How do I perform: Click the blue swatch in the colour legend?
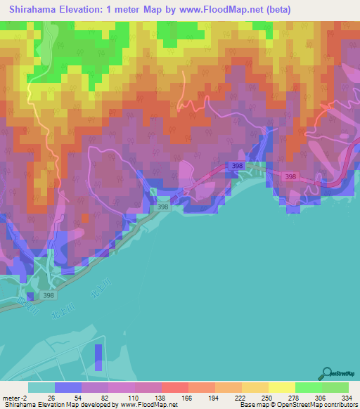[x=68, y=387]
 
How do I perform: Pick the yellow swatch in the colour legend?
[x=281, y=387]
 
